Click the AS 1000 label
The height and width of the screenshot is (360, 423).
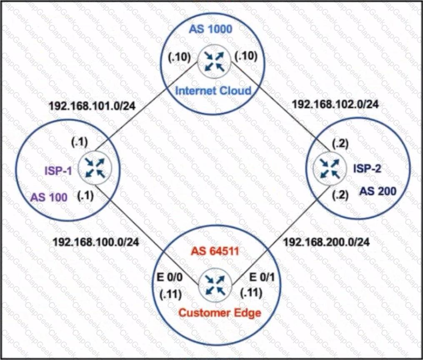(x=210, y=29)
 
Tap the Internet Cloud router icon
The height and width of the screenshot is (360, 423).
(x=214, y=62)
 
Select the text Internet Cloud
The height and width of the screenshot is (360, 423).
(x=213, y=90)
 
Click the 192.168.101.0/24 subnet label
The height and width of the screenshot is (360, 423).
(x=92, y=106)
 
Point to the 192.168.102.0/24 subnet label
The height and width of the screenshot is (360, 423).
(x=335, y=104)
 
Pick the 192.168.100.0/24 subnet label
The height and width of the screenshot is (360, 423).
(x=96, y=242)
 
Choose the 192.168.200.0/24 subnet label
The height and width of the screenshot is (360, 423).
(x=326, y=242)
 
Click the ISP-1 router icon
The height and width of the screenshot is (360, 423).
(x=95, y=168)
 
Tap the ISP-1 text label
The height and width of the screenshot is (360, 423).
(x=58, y=170)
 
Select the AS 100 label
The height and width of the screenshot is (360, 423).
(x=49, y=197)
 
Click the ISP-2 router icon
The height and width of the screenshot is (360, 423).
(x=330, y=168)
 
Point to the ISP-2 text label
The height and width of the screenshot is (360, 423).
(x=367, y=168)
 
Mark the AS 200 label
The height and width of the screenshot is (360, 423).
(x=378, y=191)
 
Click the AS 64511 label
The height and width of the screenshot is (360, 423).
(x=215, y=251)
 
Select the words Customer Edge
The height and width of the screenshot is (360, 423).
(x=220, y=313)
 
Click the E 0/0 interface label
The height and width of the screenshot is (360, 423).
(x=170, y=277)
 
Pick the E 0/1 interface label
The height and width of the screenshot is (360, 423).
(x=262, y=277)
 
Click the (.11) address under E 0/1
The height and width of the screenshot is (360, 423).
(x=251, y=293)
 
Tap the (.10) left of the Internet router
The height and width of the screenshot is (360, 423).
(x=179, y=57)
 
